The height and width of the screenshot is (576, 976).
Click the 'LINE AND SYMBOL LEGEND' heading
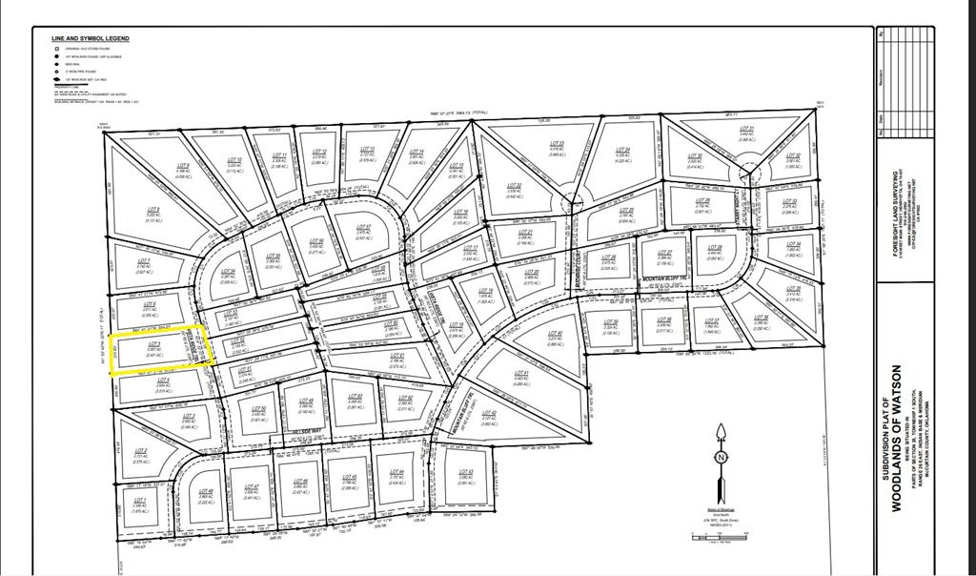pos(91,38)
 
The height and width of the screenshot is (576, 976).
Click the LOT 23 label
pos(559,145)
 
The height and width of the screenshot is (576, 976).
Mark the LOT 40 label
pos(557,333)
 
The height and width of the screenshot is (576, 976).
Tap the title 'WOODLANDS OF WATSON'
pos(896,438)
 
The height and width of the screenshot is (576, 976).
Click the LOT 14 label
pos(417,152)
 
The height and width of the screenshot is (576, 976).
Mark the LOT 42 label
pos(490,412)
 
